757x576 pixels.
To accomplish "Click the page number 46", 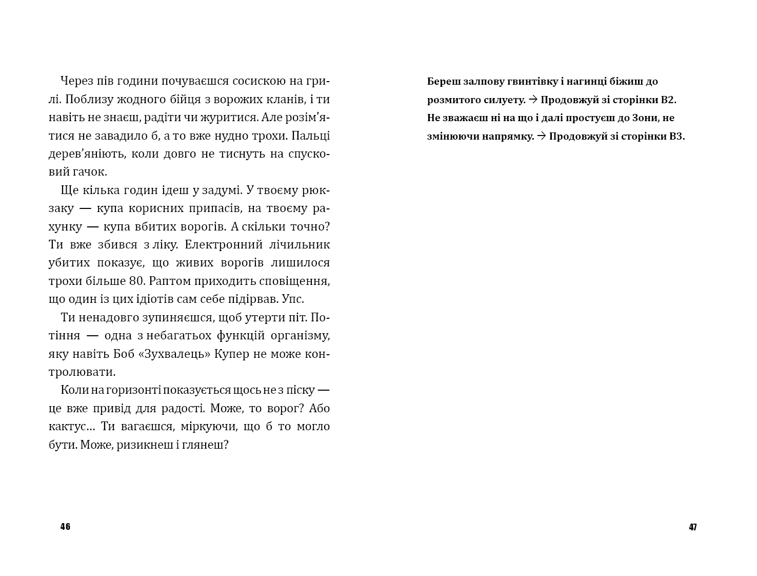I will click(65, 527).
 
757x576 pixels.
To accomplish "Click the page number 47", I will click(693, 527).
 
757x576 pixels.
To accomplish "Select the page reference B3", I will click(677, 137).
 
